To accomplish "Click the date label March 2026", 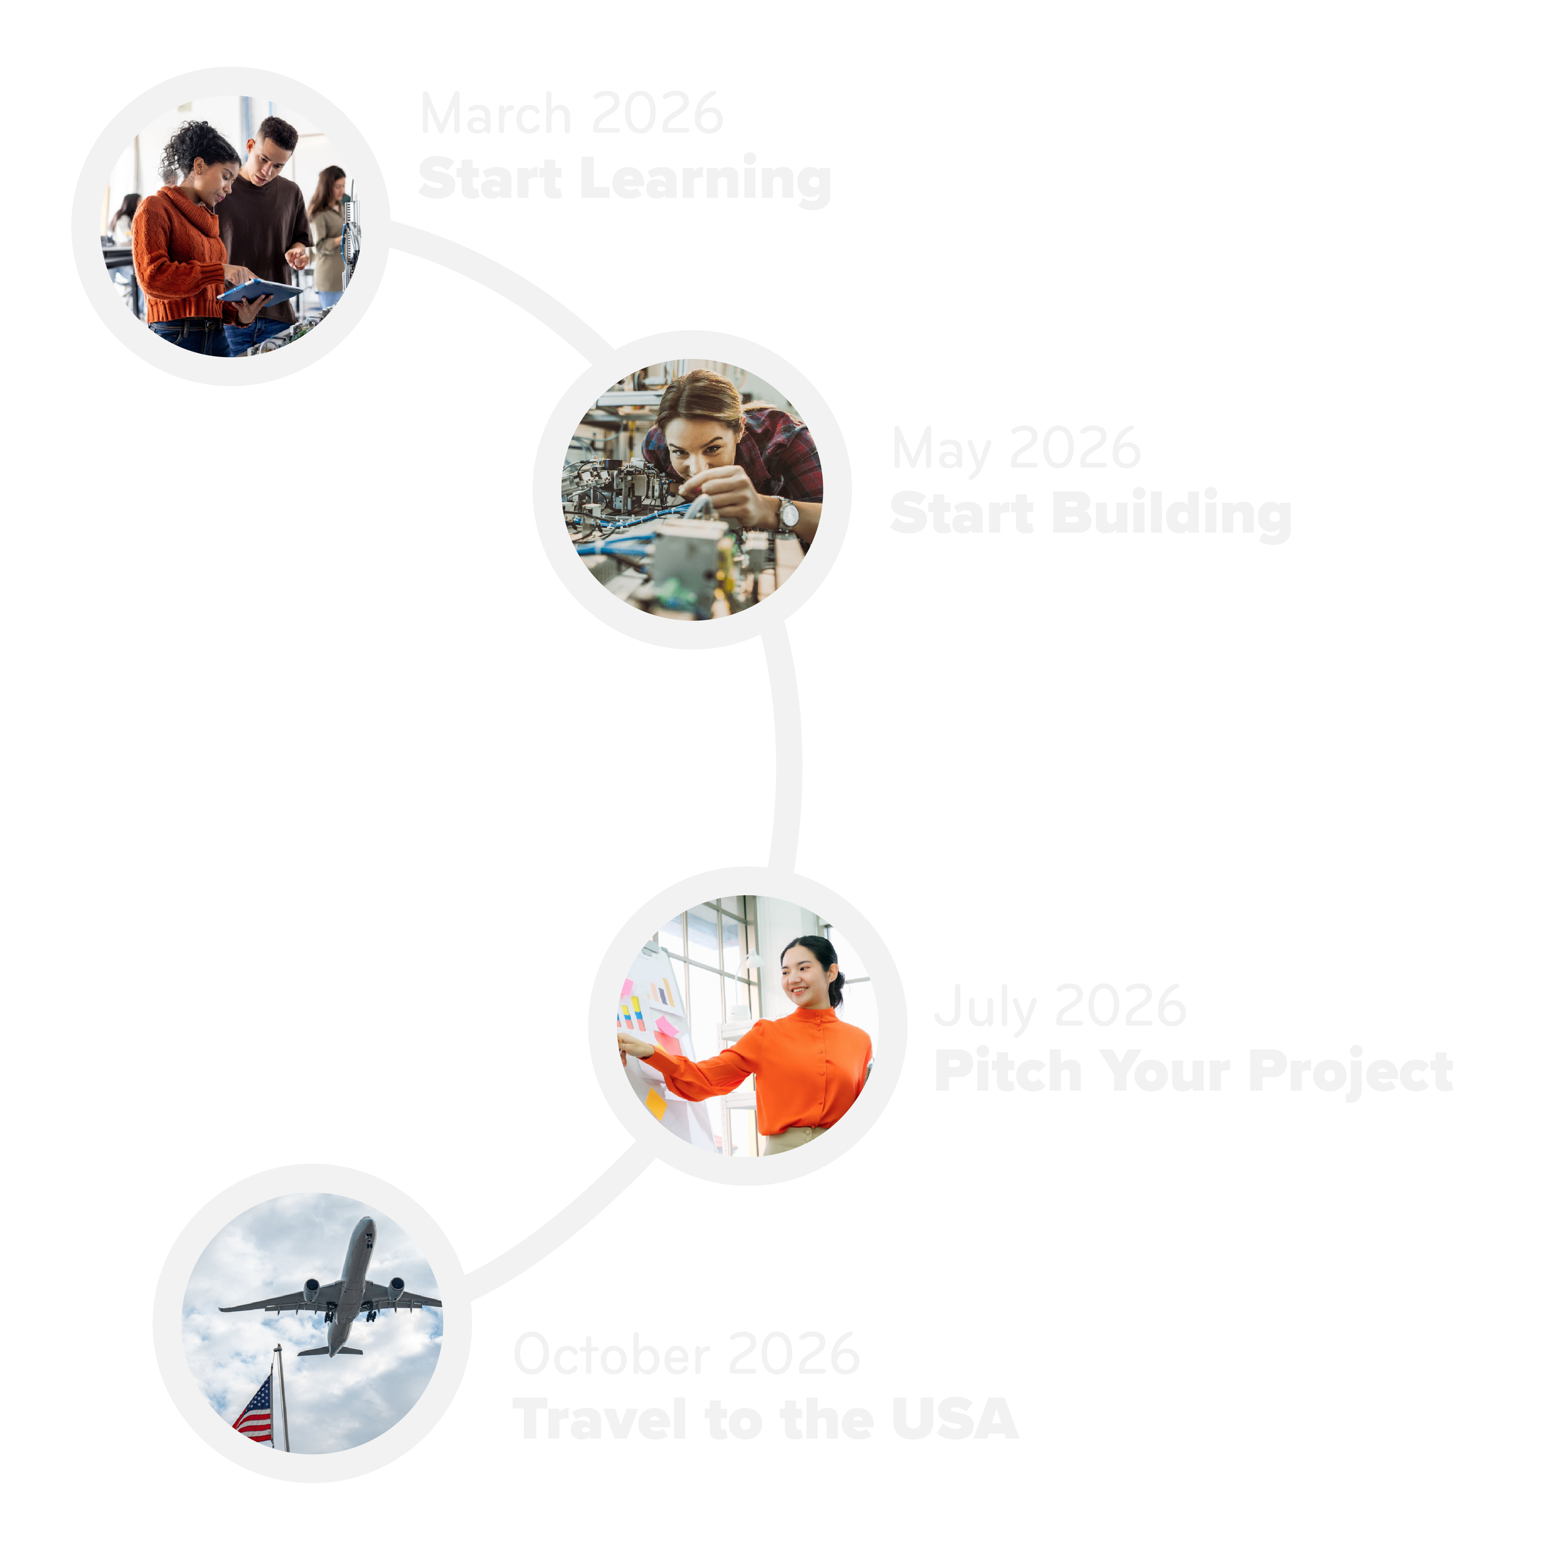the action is tap(571, 114).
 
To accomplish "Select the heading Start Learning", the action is tap(624, 179).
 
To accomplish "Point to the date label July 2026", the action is tap(1060, 1006).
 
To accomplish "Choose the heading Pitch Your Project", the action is tap(1193, 1070).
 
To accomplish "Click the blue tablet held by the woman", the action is tap(259, 290).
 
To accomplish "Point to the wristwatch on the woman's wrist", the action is tap(786, 513).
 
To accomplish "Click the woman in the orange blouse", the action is tap(794, 1059).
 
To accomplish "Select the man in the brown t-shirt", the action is tap(265, 216).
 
